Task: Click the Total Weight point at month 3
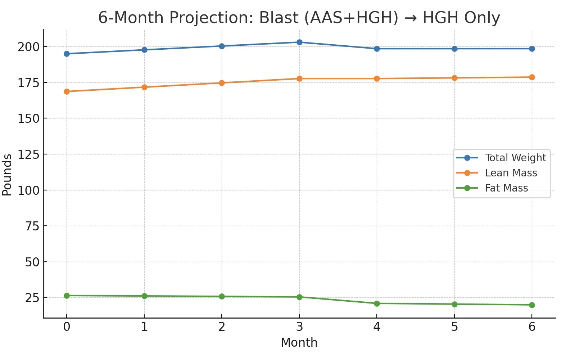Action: [299, 42]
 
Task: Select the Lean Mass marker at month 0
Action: [67, 91]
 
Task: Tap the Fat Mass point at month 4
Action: [377, 303]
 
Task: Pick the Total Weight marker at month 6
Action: [532, 49]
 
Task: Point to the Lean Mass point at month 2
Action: [222, 83]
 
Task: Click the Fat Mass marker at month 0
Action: [67, 296]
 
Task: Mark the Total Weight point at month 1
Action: [144, 50]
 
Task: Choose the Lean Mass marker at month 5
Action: [454, 78]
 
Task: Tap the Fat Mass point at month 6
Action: [532, 305]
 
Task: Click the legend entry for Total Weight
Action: [515, 158]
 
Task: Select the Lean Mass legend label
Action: [511, 173]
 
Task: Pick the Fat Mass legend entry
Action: [506, 188]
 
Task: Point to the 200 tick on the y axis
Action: [28, 47]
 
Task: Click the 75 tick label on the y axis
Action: [32, 226]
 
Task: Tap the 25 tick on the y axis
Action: [32, 298]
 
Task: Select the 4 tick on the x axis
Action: [377, 327]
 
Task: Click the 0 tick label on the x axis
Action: [67, 327]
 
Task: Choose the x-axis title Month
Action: [299, 342]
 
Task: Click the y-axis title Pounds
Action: [7, 175]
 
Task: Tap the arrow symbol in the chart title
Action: [411, 18]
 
